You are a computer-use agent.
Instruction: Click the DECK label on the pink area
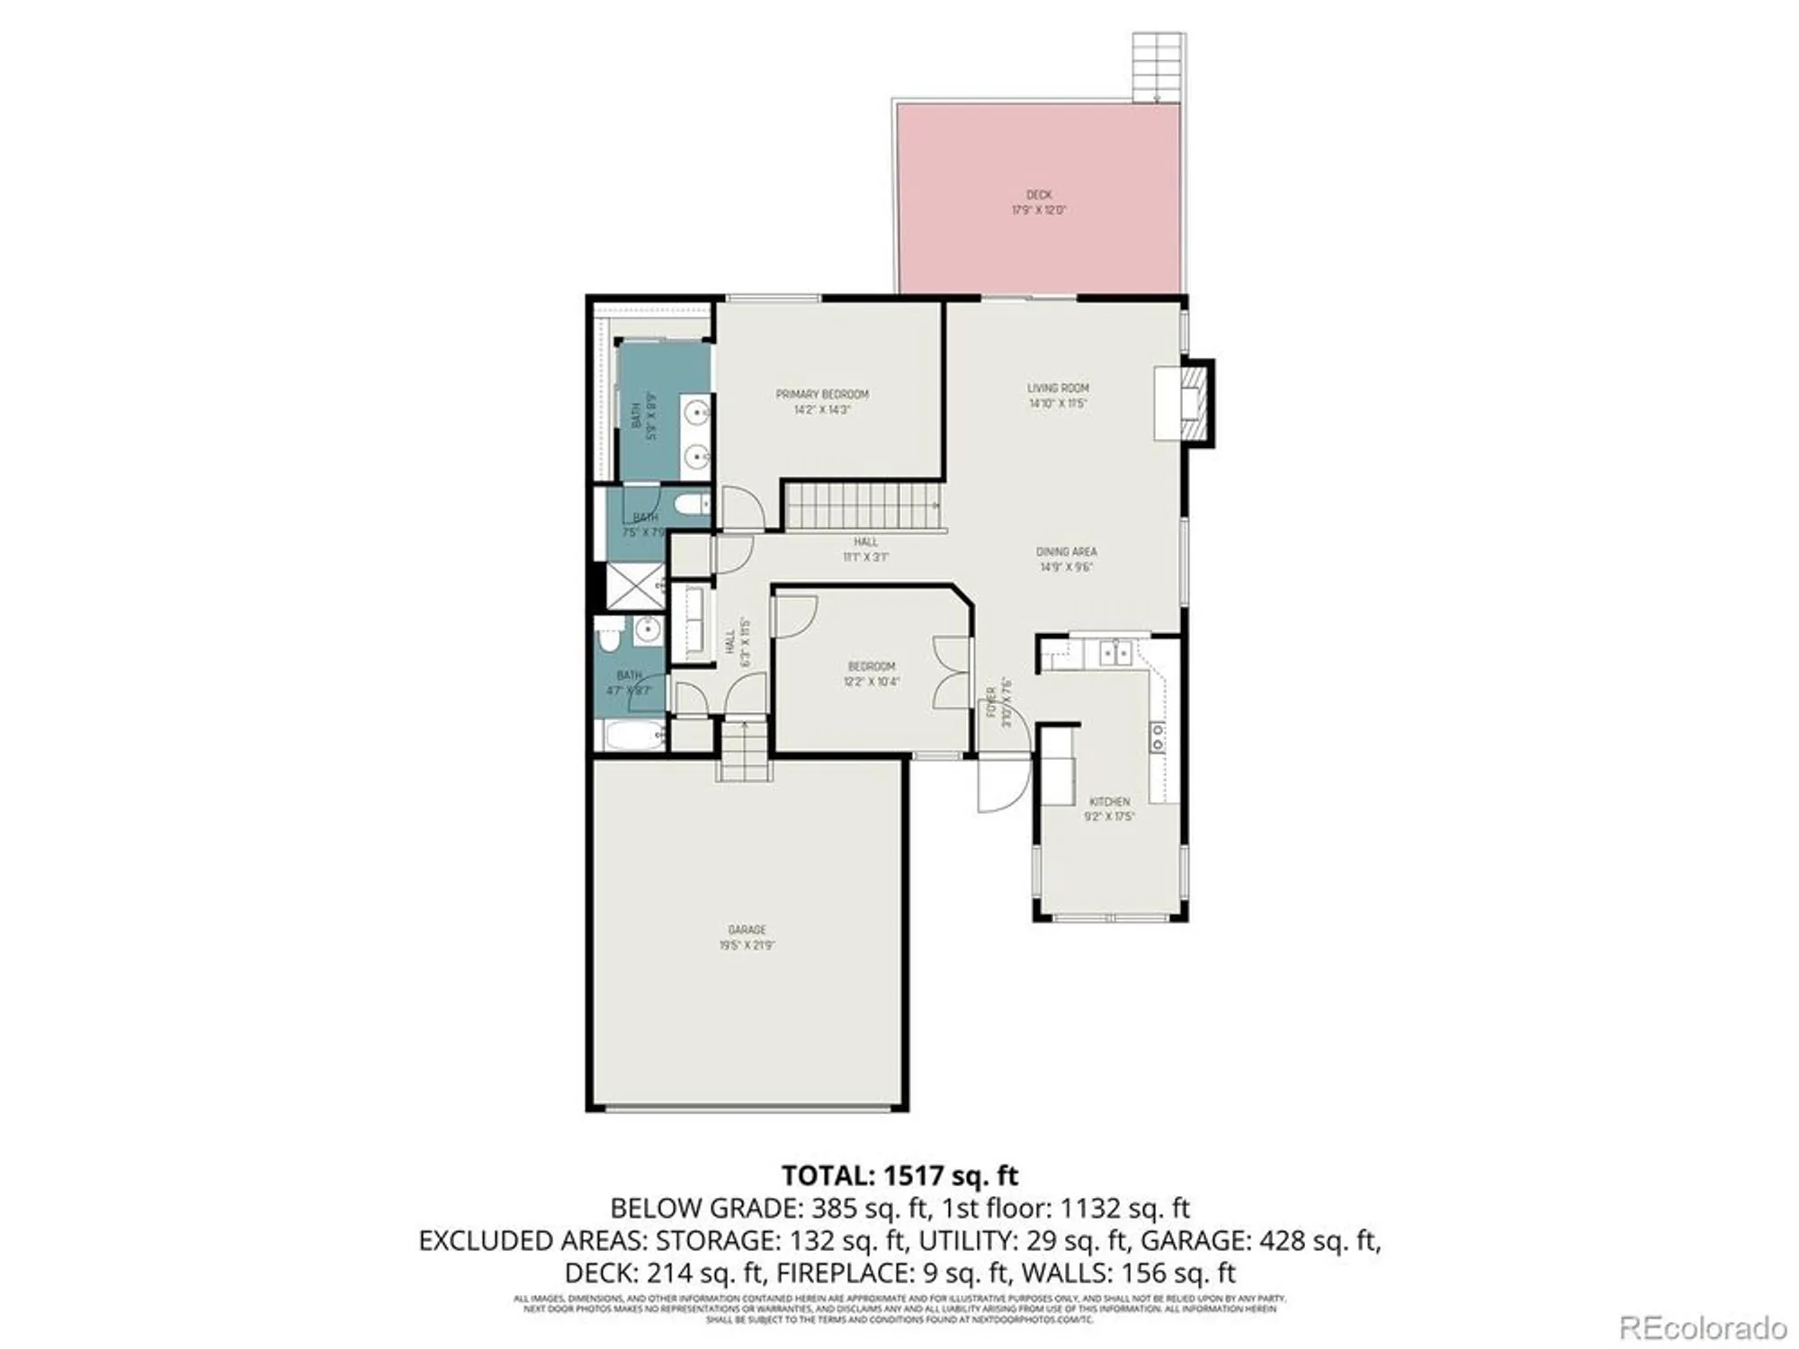click(x=1039, y=195)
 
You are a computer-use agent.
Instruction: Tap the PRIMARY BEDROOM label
click(x=822, y=395)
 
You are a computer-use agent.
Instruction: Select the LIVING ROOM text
click(x=1058, y=389)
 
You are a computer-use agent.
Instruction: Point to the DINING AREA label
click(x=1066, y=552)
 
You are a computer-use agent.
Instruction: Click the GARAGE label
click(x=747, y=930)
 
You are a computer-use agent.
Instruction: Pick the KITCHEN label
click(x=1109, y=801)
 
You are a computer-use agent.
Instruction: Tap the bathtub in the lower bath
click(x=634, y=736)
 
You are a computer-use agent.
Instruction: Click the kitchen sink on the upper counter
click(x=1116, y=652)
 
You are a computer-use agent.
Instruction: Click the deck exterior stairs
click(x=1158, y=67)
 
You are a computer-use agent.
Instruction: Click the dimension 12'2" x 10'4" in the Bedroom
click(x=871, y=682)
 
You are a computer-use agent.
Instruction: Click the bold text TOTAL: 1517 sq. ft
click(x=899, y=1175)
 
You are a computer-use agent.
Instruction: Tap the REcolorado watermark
click(x=1703, y=1327)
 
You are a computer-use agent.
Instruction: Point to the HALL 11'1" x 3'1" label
click(x=865, y=549)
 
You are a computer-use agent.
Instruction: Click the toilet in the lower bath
click(x=609, y=635)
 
